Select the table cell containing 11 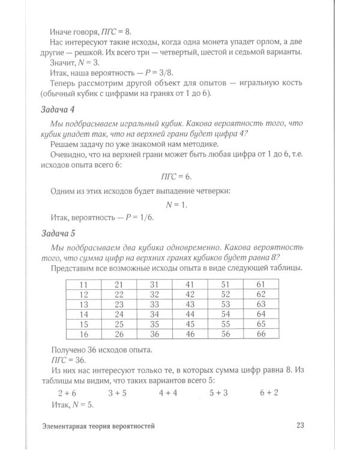click(x=83, y=284)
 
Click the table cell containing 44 click(x=190, y=314)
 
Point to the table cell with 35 click(x=154, y=324)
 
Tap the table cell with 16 click(x=83, y=334)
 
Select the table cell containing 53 click(x=225, y=304)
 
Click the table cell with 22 click(x=119, y=294)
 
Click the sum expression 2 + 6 click(x=68, y=392)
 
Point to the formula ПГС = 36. click(x=65, y=359)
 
